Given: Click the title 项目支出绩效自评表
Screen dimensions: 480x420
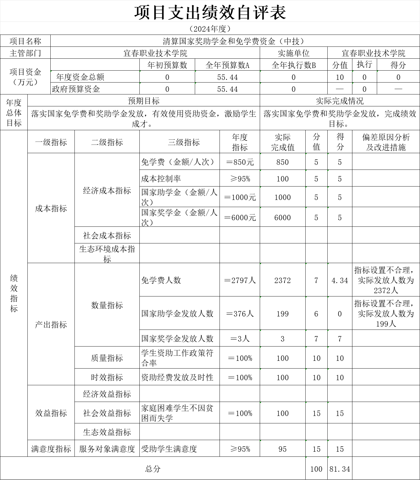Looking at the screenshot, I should point(210,13).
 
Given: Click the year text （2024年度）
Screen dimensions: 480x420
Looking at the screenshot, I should point(210,29).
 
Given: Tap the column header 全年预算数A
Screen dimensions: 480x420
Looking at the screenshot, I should point(227,65).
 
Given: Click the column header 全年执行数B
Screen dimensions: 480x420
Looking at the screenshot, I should point(293,65).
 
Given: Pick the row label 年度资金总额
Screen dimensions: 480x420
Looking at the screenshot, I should point(80,77).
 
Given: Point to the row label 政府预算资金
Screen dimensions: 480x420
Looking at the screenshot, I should point(76,89).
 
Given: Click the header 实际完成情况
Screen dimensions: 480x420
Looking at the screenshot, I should point(340,101).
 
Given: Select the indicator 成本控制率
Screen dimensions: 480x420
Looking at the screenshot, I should point(161,179).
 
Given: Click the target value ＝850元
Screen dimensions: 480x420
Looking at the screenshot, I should point(240,162).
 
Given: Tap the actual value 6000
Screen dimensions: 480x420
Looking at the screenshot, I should point(282,218).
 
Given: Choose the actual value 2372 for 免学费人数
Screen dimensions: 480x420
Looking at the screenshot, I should point(282,280).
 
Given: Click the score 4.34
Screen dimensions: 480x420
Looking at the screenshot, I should point(340,280).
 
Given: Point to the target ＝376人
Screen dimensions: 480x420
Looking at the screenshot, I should point(240,314).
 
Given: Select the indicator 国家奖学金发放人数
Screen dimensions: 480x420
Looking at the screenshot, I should point(177,338).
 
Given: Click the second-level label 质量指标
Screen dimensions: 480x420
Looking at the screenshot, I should point(107,358).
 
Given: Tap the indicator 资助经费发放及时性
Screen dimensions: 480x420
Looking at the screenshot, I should point(177,378).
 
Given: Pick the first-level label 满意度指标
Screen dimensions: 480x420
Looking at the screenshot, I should point(51,449).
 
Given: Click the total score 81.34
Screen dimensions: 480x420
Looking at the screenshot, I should point(340,469).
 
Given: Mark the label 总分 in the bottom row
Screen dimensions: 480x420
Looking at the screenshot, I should point(153,469).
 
